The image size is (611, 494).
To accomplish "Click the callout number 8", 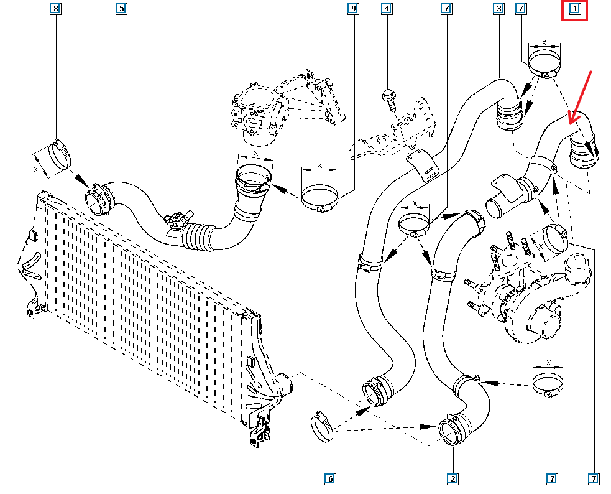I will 57,9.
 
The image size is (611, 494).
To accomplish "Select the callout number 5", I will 121,9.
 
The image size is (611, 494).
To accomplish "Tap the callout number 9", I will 354,9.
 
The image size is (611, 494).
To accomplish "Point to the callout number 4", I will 387,9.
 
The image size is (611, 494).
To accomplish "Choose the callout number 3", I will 498,9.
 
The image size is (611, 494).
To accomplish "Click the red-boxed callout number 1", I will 575,9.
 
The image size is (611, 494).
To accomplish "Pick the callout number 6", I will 330,478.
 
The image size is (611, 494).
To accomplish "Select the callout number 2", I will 453,478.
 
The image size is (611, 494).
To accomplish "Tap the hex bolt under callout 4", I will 388,96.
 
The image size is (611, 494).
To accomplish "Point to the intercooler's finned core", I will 143,292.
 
